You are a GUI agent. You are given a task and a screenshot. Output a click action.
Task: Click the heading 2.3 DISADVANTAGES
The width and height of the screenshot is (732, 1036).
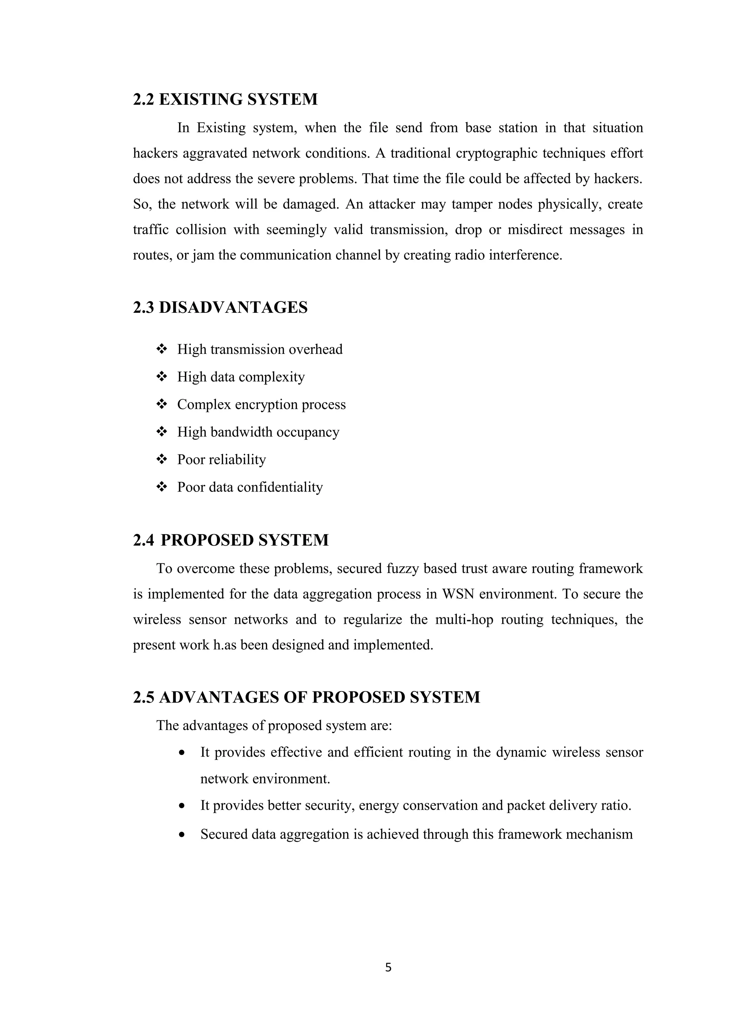(x=220, y=307)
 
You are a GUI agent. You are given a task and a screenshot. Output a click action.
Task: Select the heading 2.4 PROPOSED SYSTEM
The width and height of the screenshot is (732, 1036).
(x=231, y=540)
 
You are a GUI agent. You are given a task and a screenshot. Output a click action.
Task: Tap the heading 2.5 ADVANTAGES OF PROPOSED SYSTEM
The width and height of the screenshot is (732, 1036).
(x=306, y=697)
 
